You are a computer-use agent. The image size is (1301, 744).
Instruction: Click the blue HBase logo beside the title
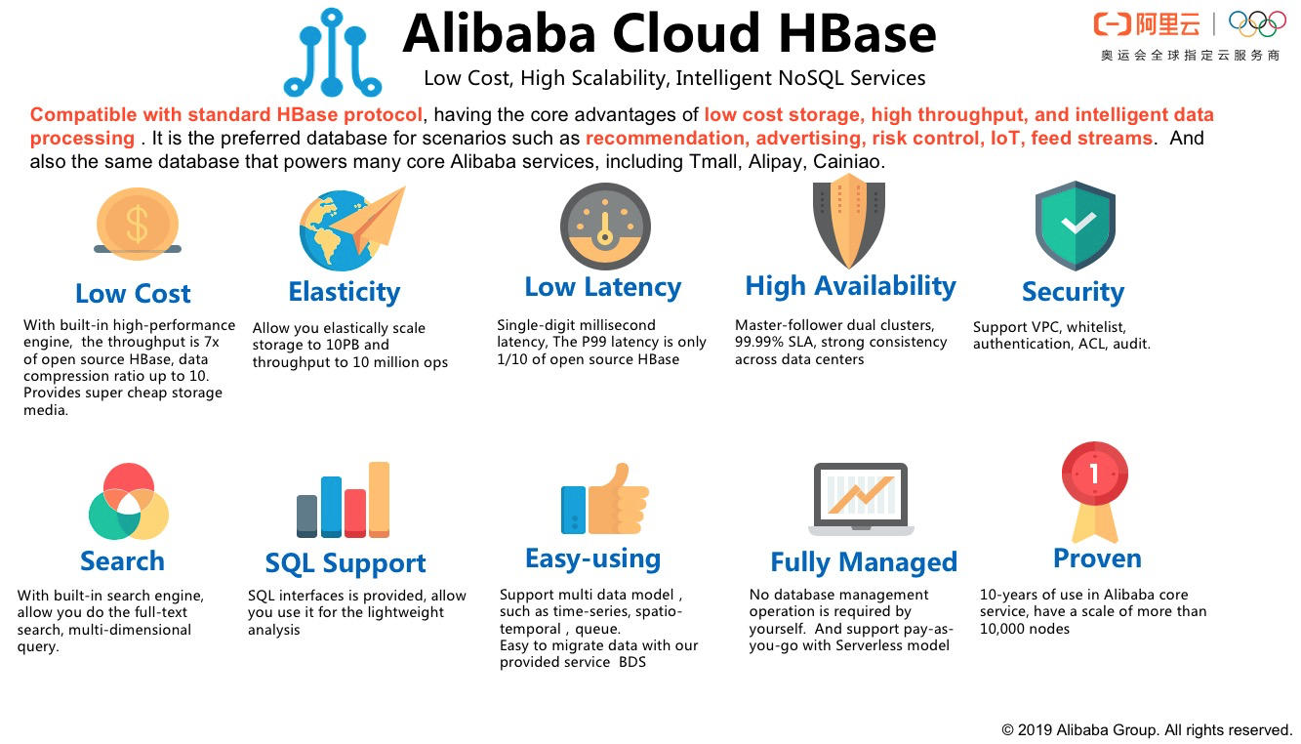click(332, 53)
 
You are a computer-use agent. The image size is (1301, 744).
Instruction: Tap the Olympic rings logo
click(1257, 23)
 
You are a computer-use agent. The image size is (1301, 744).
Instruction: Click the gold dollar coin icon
click(138, 224)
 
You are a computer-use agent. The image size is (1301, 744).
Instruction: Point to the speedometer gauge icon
click(605, 227)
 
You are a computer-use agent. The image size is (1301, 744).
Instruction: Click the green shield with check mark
click(1076, 226)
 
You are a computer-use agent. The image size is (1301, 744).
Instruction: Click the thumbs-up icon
click(604, 499)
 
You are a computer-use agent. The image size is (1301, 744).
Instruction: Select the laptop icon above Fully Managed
click(861, 499)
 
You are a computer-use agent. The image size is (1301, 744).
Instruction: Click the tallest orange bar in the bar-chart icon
click(380, 499)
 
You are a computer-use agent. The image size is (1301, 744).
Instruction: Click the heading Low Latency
click(603, 287)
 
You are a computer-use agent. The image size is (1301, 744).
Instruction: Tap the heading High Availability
click(850, 286)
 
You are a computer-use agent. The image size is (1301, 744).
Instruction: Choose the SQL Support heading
click(346, 563)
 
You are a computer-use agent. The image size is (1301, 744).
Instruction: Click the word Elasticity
click(345, 292)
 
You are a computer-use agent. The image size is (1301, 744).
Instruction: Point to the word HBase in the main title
click(857, 33)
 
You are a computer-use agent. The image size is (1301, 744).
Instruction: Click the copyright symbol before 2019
click(1007, 730)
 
